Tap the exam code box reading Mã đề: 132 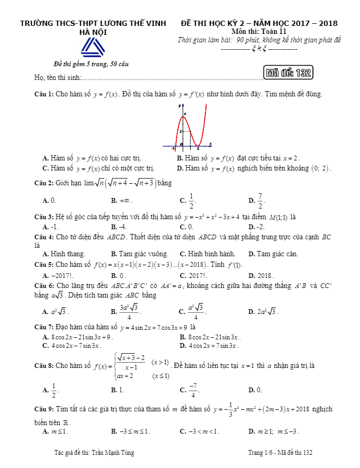click(287, 73)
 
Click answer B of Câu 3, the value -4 click(119, 227)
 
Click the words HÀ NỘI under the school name click(93, 32)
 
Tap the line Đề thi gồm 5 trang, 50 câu click(91, 65)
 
